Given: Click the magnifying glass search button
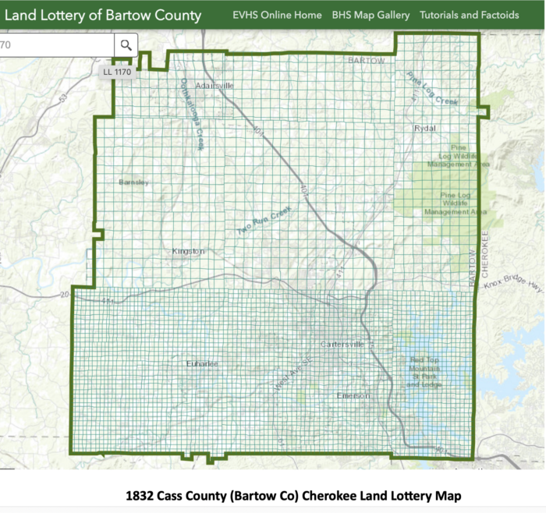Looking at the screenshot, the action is (126, 45).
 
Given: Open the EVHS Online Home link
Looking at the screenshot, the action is (277, 15).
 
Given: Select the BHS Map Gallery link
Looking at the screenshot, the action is (370, 15).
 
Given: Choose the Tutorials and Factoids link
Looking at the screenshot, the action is (469, 15).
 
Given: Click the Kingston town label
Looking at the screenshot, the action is (188, 251).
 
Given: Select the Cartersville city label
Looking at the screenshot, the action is (342, 345).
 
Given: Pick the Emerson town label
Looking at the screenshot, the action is (351, 395).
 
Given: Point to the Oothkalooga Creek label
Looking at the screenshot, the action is (192, 114).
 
